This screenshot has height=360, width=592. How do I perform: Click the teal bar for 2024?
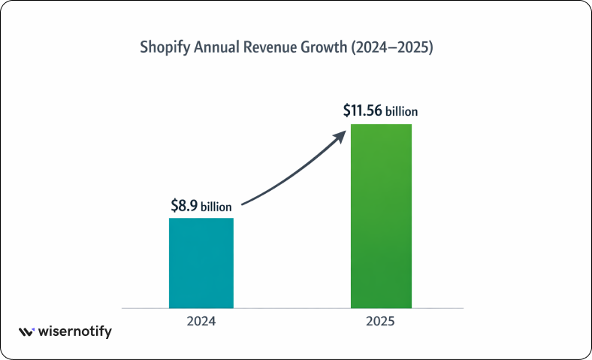tap(201, 263)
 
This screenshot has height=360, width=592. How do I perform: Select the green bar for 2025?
tap(381, 216)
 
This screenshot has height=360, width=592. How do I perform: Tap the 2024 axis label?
tap(201, 321)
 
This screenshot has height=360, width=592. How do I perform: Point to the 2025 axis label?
tap(381, 321)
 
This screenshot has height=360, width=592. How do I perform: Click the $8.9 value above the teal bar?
tap(185, 205)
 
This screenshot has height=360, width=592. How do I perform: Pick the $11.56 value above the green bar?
tap(362, 110)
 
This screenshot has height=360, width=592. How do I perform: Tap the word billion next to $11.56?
tap(402, 112)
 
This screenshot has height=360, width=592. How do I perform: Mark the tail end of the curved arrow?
tap(244, 203)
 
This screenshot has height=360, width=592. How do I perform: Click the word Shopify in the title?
tap(166, 47)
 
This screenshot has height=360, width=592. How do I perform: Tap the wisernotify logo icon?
tap(26, 331)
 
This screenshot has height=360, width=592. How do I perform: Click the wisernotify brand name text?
tap(75, 331)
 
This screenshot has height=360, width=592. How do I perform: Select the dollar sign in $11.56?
tap(347, 110)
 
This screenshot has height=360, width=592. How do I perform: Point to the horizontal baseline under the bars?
tap(293, 308)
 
